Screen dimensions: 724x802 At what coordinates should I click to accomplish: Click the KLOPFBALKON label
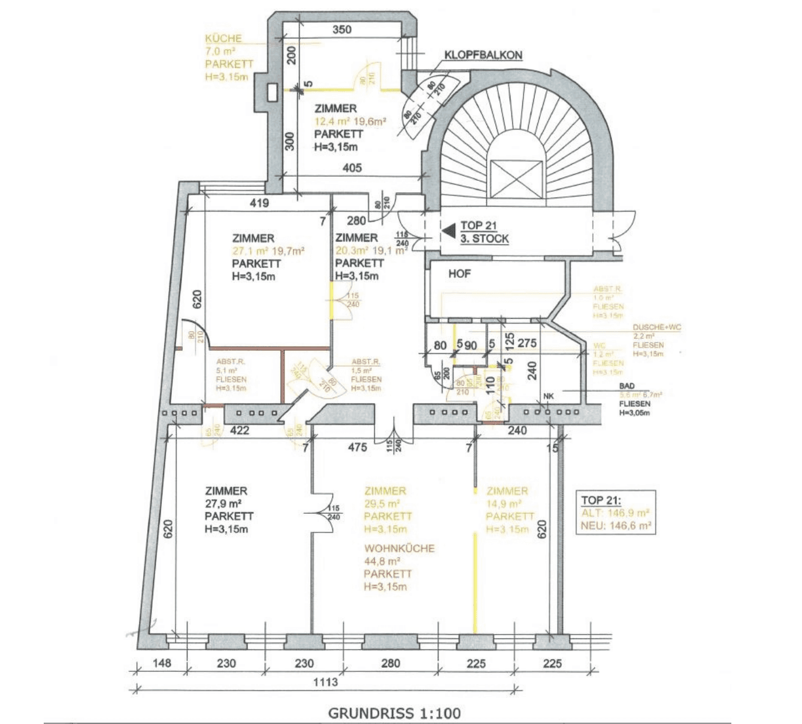point(483,55)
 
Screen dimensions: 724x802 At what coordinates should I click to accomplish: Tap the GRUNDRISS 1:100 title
point(394,713)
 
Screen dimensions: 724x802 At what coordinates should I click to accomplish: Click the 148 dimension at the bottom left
point(162,663)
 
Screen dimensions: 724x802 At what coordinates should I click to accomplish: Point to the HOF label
point(459,274)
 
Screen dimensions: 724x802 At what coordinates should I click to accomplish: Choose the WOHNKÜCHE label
point(399,548)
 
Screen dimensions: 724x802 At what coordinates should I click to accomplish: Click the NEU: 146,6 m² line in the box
point(615,526)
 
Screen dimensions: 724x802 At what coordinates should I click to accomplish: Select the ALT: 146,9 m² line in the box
point(615,513)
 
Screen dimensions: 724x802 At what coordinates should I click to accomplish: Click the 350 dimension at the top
point(341,29)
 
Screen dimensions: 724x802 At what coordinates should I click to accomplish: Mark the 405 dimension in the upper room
point(352,168)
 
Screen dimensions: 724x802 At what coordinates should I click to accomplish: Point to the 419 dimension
point(259,203)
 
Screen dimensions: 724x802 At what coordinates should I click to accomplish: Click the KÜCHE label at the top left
point(223,38)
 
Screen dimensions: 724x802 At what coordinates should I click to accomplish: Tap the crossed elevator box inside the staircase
point(515,178)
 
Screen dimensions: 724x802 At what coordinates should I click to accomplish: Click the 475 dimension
point(357,447)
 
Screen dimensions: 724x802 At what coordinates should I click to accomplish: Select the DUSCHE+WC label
point(656,328)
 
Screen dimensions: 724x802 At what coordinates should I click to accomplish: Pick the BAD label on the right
point(627,386)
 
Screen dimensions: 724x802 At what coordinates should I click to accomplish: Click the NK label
point(549,396)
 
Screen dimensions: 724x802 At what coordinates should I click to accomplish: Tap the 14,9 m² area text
point(503,504)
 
